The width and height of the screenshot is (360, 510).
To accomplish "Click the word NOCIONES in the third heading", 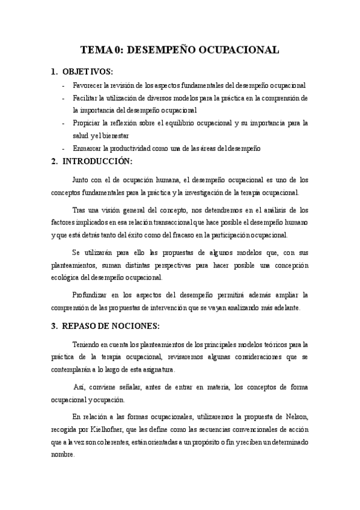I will pos(135,326).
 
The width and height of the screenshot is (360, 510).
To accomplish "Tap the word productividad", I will pos(139,148).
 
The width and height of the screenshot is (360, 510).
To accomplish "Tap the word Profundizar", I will pos(93,295).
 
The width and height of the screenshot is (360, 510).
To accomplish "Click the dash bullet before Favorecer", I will pos(64,85).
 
